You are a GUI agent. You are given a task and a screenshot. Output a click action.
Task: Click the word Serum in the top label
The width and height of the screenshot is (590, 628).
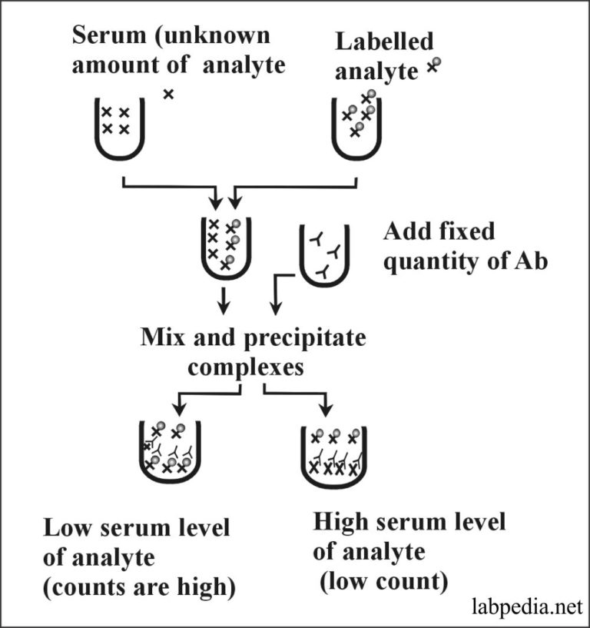[107, 35]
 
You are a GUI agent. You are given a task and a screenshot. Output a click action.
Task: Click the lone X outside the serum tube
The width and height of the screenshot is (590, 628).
[169, 95]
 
